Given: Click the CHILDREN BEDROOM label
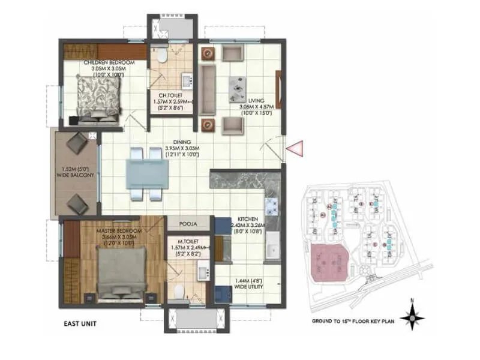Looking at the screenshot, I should tap(109, 62).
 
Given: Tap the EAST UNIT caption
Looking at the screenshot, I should tap(80, 325).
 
